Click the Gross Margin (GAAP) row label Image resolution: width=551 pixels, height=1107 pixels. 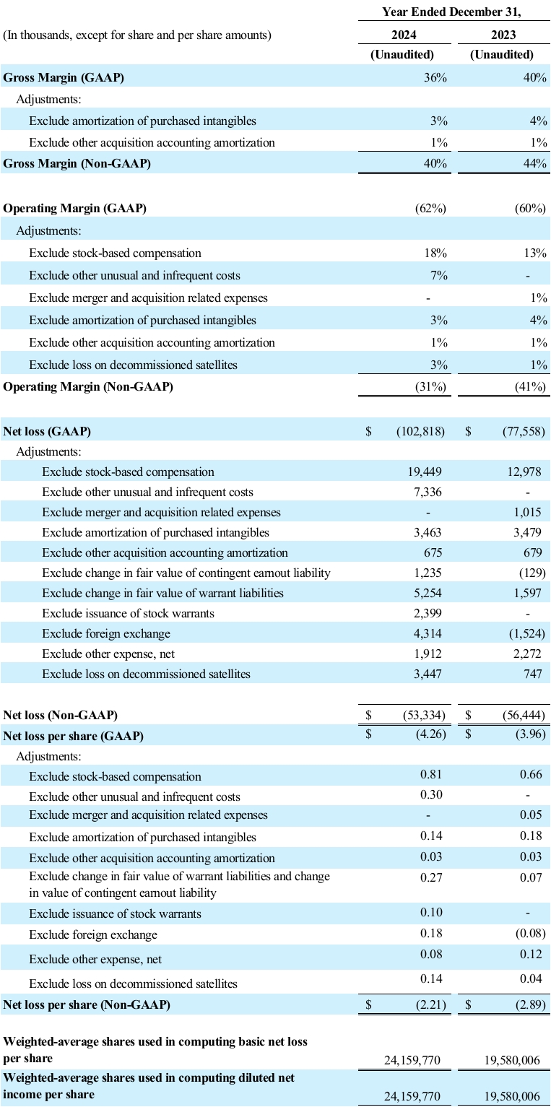64,78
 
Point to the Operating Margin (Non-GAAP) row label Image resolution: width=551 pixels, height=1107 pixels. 88,387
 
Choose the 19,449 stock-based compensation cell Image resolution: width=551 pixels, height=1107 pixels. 425,472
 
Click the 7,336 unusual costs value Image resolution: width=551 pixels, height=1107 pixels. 427,492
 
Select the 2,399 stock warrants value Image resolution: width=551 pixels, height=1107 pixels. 427,613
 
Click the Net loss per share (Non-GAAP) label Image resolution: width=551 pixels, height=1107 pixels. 87,1004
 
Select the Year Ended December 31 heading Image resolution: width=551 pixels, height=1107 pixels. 452,11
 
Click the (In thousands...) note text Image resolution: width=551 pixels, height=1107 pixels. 137,35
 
